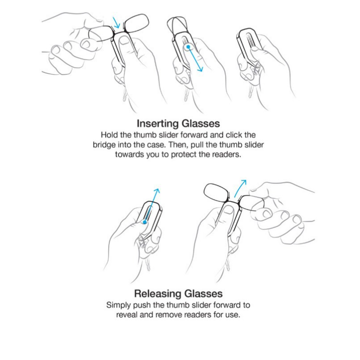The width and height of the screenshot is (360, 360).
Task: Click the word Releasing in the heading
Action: [158, 294]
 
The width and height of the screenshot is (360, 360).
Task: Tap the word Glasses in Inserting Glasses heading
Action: [201, 123]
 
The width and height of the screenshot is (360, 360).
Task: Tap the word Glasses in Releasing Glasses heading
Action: [203, 294]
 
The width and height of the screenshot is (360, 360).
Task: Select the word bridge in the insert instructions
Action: [104, 145]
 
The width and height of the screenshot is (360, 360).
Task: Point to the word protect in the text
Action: [184, 154]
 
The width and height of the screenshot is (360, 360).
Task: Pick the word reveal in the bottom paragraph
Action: [127, 315]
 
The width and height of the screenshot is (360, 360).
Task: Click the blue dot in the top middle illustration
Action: [188, 47]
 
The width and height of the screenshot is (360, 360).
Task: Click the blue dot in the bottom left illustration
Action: [144, 222]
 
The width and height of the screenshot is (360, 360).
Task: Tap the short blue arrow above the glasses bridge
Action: [117, 22]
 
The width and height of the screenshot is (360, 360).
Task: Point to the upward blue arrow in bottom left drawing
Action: [152, 205]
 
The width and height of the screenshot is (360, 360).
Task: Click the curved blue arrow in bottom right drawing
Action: [239, 188]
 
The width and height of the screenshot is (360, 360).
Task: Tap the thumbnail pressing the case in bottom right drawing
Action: [228, 209]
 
